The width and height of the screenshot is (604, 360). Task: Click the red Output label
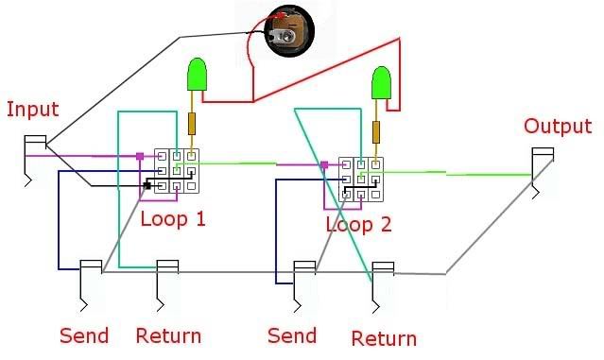pyautogui.click(x=558, y=127)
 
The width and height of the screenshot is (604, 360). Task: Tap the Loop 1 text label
pyautogui.click(x=173, y=219)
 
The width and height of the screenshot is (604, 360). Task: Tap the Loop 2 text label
pyautogui.click(x=358, y=225)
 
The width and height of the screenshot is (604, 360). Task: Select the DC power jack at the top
pyautogui.click(x=286, y=29)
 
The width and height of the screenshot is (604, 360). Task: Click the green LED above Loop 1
pyautogui.click(x=197, y=76)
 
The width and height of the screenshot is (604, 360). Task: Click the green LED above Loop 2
pyautogui.click(x=382, y=83)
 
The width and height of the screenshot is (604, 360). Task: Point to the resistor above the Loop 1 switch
pyautogui.click(x=193, y=124)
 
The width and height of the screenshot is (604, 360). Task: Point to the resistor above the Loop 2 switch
pyautogui.click(x=376, y=131)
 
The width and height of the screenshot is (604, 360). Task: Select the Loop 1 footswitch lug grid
pyautogui.click(x=178, y=171)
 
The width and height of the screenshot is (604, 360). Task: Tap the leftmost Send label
pyautogui.click(x=84, y=335)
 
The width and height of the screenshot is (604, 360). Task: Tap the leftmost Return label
pyautogui.click(x=168, y=335)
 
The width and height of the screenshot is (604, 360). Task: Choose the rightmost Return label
pyautogui.click(x=383, y=338)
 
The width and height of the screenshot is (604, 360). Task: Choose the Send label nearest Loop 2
pyautogui.click(x=292, y=335)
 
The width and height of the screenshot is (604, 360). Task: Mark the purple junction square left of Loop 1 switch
pyautogui.click(x=139, y=156)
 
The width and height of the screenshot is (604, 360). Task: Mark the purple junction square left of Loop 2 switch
pyautogui.click(x=324, y=165)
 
